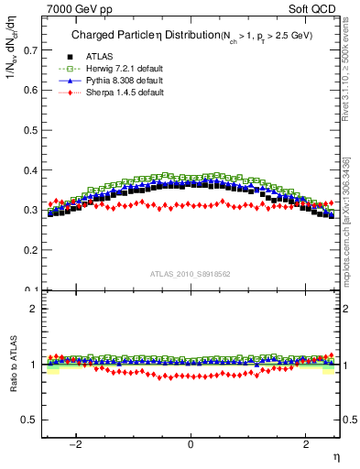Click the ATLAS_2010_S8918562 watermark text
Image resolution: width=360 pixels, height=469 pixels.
pyautogui.click(x=191, y=273)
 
